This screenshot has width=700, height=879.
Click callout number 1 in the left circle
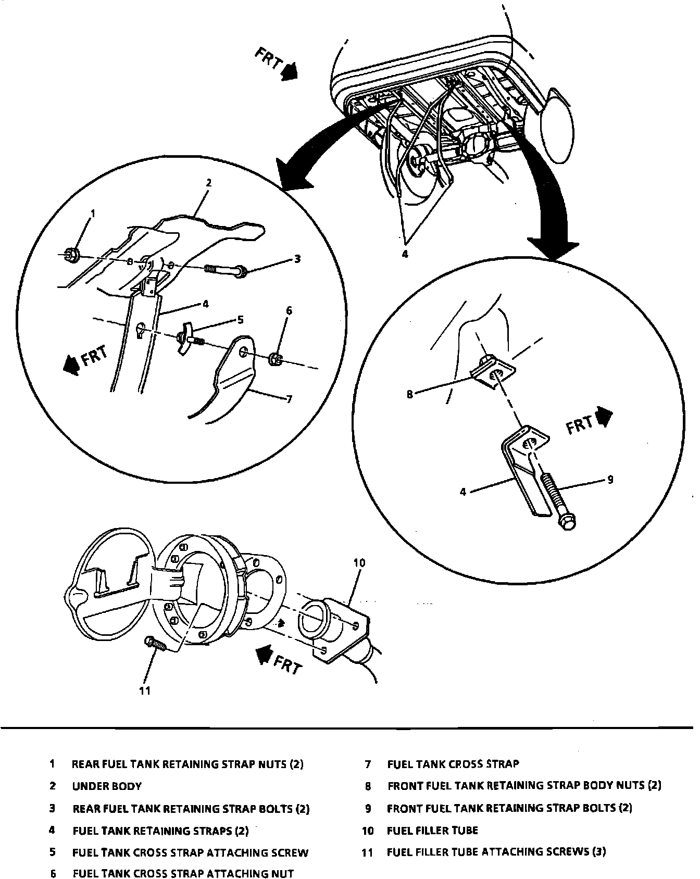(x=93, y=213)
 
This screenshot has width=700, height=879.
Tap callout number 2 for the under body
(x=208, y=183)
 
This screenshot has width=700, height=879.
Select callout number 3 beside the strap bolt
(x=297, y=258)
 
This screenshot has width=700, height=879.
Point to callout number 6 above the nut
(x=289, y=311)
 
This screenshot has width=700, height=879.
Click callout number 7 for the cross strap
(x=289, y=399)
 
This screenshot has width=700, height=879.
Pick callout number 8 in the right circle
(x=410, y=394)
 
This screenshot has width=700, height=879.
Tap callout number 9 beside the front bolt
(x=610, y=479)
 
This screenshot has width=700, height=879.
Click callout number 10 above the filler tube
(x=359, y=562)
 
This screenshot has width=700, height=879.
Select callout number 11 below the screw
(x=145, y=690)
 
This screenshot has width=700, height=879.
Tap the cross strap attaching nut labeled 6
(x=276, y=358)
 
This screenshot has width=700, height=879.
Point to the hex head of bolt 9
(x=568, y=523)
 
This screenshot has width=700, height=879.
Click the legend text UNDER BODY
(x=107, y=786)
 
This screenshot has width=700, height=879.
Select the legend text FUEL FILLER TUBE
(x=432, y=830)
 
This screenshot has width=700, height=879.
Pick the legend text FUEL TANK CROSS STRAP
(x=453, y=764)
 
